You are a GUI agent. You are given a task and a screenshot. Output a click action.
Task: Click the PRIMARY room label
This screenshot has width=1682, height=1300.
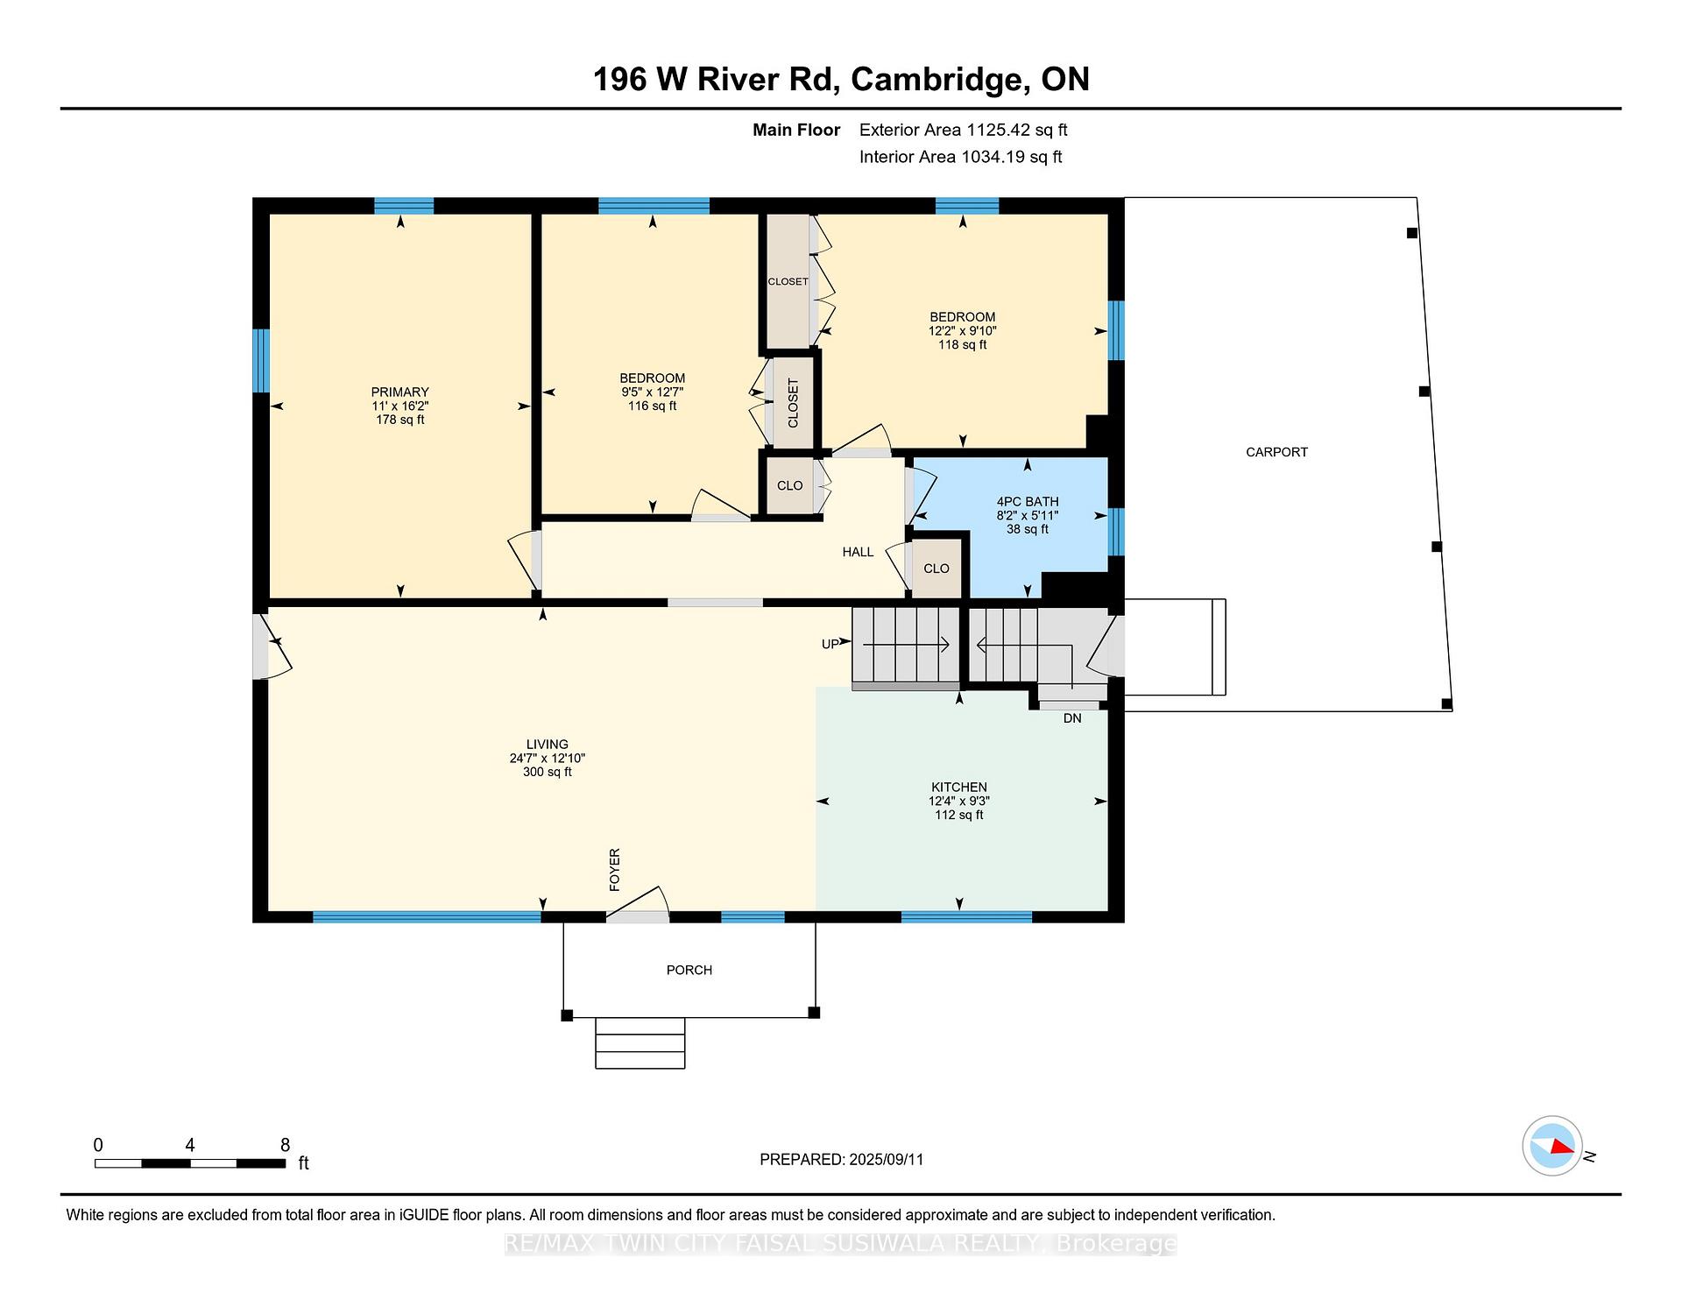399,392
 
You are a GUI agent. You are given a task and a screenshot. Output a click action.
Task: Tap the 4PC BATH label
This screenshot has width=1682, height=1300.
1028,502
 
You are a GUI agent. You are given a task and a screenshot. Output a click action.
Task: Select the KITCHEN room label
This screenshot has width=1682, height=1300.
959,787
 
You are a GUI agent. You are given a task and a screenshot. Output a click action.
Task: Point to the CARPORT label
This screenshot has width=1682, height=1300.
1276,452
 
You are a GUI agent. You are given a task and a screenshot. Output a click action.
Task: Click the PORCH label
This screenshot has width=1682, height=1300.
689,970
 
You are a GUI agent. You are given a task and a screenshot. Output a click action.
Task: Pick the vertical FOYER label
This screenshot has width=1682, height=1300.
615,870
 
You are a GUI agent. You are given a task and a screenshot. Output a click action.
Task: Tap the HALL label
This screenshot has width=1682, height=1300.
858,552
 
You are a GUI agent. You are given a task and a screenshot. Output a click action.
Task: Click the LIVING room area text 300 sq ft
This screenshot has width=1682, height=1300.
548,772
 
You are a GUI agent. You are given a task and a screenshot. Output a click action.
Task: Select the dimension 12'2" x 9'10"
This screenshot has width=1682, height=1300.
963,331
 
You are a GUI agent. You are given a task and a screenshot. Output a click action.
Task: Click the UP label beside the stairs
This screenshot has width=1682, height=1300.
830,645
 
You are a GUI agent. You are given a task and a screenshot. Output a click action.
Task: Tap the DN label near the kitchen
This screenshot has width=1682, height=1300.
1072,718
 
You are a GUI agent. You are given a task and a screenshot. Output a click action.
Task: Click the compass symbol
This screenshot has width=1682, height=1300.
1552,1146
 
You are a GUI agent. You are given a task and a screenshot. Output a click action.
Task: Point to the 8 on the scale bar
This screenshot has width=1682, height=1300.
285,1144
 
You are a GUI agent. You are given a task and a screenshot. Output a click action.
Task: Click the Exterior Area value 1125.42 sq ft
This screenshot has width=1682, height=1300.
1016,130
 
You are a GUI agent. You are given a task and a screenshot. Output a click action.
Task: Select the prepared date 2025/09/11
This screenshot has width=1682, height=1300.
887,1159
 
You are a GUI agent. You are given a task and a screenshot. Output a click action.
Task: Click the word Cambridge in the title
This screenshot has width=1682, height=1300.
940,79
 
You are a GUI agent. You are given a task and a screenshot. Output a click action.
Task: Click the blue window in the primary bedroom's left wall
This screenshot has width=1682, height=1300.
261,361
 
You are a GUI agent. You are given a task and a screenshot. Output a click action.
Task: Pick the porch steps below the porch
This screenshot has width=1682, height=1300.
640,1042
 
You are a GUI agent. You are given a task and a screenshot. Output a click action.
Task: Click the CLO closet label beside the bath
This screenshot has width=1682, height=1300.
936,569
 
